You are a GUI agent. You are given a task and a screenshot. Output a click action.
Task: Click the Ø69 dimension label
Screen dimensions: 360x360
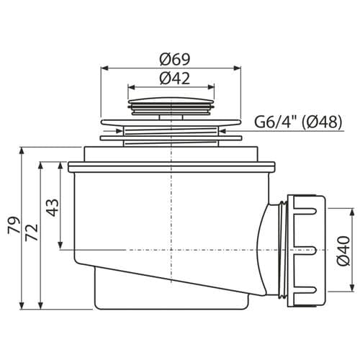[x=175, y=59]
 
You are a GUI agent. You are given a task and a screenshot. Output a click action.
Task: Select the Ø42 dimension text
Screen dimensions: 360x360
[x=175, y=78]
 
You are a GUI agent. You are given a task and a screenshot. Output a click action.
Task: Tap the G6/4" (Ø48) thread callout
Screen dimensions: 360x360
[x=298, y=122]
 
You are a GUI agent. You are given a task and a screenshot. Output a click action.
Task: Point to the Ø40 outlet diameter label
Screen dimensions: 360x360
[x=343, y=251]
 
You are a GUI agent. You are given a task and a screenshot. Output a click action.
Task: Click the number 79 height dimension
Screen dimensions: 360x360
[x=14, y=225]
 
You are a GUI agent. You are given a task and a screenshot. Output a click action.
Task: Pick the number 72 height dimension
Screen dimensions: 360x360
[x=32, y=233]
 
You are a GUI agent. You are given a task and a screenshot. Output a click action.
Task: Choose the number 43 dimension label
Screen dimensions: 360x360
[x=52, y=207]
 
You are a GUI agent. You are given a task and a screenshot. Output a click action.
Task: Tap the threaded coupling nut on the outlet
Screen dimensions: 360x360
[x=307, y=251]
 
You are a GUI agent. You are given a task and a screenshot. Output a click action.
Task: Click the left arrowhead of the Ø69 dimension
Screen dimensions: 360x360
[x=104, y=68]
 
